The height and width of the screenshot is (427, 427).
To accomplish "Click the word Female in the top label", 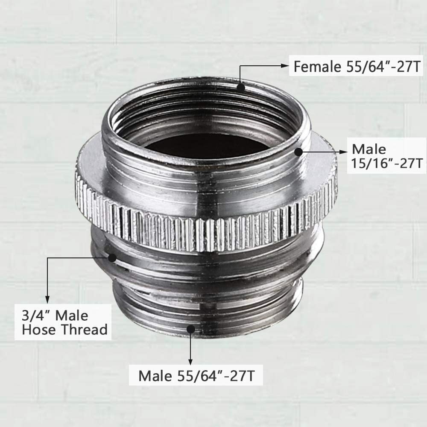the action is point(317,67).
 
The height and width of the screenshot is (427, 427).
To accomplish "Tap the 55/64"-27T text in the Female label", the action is point(383,67).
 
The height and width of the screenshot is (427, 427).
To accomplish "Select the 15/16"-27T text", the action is point(386,164).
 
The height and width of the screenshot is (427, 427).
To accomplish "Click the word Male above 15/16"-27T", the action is point(369,149).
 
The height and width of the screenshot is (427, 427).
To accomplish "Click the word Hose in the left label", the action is point(40,330).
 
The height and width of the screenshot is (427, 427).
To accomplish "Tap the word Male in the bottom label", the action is point(155,376).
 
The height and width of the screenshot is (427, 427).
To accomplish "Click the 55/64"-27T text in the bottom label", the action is point(216,376).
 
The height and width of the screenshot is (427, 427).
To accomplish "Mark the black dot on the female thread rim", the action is point(241,88).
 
